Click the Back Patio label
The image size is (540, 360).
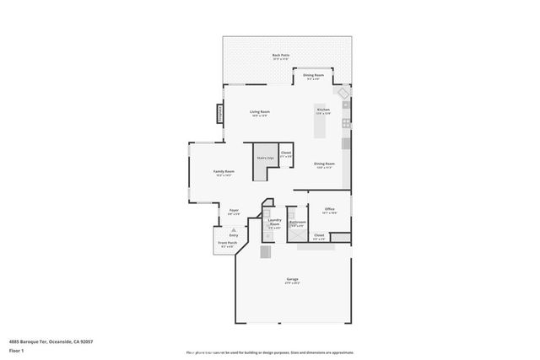tap(280, 56)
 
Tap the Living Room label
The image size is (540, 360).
tap(259, 112)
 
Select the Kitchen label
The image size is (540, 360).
tap(323, 110)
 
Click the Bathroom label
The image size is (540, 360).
tap(297, 223)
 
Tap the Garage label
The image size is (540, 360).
tap(292, 279)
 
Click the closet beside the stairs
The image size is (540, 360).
tap(286, 153)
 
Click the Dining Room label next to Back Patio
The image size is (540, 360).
tap(314, 76)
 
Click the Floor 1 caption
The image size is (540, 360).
tap(16, 350)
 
